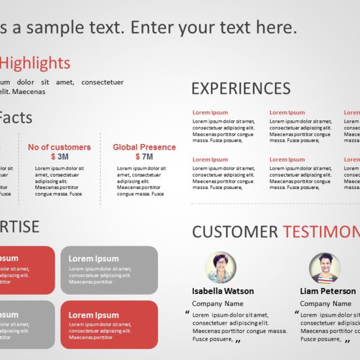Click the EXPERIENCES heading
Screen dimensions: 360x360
coord(241,88)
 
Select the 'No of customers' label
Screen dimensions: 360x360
coord(59,147)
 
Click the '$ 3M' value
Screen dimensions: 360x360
coord(59,156)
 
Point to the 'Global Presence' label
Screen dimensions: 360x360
coord(144,147)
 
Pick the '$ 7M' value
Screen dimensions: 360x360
coord(144,156)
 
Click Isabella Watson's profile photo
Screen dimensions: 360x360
coord(220,267)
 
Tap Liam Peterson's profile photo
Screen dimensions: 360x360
coord(325,267)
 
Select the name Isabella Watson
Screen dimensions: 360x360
coord(223,291)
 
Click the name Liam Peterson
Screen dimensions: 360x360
coord(327,291)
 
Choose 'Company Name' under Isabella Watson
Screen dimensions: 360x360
coord(218,304)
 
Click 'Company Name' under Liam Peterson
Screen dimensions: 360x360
coord(325,304)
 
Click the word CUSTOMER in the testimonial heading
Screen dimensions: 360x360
coord(235,232)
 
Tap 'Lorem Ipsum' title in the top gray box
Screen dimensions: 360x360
coord(93,259)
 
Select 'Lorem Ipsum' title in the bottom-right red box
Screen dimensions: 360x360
coord(93,315)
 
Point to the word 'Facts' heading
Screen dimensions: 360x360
coord(16,118)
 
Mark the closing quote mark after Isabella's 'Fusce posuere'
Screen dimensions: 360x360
coord(238,340)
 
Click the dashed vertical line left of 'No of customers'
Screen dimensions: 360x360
coord(19,169)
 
